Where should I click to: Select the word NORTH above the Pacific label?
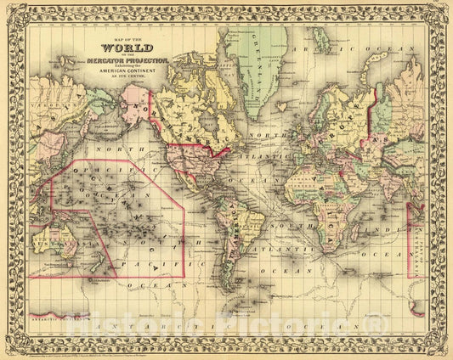tap(89, 150)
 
